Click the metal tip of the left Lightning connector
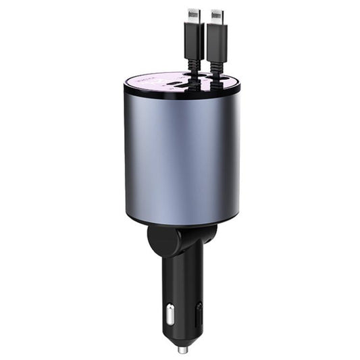[x=194, y=16]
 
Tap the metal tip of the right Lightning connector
[x=216, y=16]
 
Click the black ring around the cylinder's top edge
[x=135, y=89]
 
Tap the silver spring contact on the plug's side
[x=169, y=313]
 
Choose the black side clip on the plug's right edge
[x=199, y=312]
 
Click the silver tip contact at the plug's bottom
[x=182, y=349]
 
